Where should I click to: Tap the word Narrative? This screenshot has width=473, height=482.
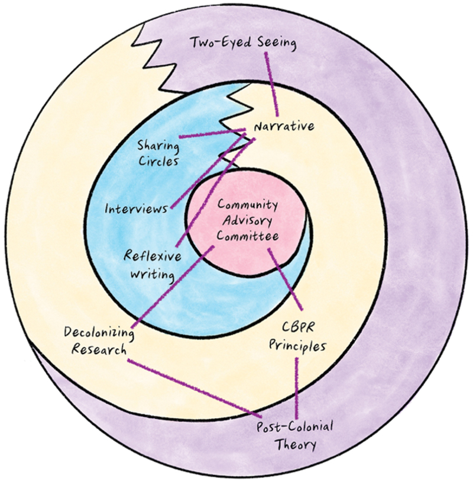(x=283, y=126)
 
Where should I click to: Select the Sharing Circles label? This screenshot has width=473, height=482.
(x=158, y=152)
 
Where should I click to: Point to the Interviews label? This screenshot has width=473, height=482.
(x=135, y=209)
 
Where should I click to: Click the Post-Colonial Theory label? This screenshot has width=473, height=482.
(x=294, y=435)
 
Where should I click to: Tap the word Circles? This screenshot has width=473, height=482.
(x=158, y=160)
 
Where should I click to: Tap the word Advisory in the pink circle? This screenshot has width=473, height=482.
(x=247, y=220)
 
